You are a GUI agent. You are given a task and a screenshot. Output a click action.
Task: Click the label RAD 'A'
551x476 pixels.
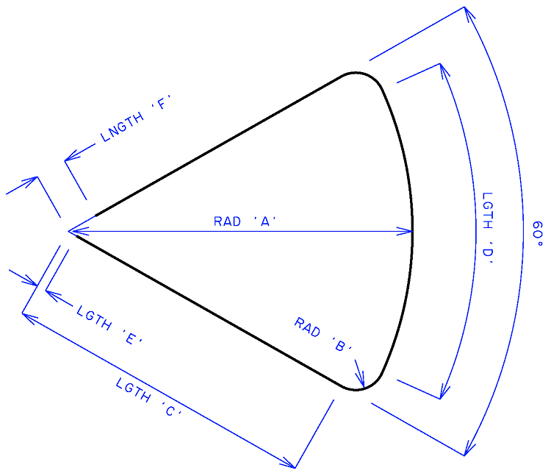pyautogui.click(x=245, y=221)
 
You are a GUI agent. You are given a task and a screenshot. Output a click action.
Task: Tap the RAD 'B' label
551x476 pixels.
pyautogui.click(x=323, y=334)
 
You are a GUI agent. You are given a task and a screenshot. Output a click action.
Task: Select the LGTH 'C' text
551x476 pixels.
pyautogui.click(x=148, y=397)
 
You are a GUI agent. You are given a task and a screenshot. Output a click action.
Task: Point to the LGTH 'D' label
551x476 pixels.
pyautogui.click(x=487, y=229)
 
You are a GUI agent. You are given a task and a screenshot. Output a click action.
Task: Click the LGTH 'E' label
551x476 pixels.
pyautogui.click(x=109, y=325)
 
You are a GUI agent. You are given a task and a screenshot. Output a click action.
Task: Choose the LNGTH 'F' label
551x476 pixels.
pyautogui.click(x=135, y=118)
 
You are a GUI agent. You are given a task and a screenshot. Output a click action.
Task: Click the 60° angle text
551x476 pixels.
pyautogui.click(x=538, y=234)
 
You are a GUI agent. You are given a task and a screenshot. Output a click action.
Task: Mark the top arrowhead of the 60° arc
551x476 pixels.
pyautogui.click(x=468, y=13)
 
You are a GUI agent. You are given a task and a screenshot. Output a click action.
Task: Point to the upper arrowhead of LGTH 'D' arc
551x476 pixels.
pyautogui.click(x=444, y=71)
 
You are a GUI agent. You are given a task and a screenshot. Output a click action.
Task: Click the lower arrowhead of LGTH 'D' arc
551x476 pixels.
pyautogui.click(x=444, y=391)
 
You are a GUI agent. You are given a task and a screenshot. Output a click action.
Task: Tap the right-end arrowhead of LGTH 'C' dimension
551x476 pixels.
pyautogui.click(x=289, y=464)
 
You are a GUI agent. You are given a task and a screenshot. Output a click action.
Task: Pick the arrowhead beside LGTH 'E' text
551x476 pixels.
pyautogui.click(x=52, y=294)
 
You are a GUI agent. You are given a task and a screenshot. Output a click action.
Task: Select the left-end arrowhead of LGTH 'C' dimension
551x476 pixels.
pyautogui.click(x=29, y=316)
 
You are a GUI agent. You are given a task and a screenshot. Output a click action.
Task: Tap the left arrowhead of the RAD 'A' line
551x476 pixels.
pyautogui.click(x=76, y=232)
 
